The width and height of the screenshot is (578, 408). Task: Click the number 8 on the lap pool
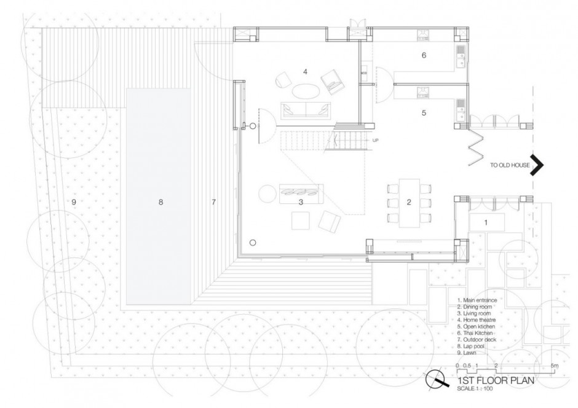[x=160, y=202]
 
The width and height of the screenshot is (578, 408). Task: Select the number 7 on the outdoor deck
[x=213, y=202]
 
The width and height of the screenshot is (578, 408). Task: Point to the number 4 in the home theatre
[x=304, y=72]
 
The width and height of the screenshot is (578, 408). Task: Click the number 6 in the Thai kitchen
[x=424, y=55]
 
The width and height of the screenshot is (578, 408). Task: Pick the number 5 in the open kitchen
[x=424, y=113]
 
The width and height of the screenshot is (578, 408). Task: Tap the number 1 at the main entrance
[x=485, y=222]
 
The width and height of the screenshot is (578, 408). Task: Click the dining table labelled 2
[x=408, y=202]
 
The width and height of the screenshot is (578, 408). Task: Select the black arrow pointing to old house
[x=538, y=165]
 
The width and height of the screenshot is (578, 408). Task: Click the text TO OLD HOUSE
[x=510, y=165]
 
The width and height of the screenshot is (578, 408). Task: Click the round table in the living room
[x=269, y=194]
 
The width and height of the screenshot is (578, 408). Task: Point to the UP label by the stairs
[x=375, y=140]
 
